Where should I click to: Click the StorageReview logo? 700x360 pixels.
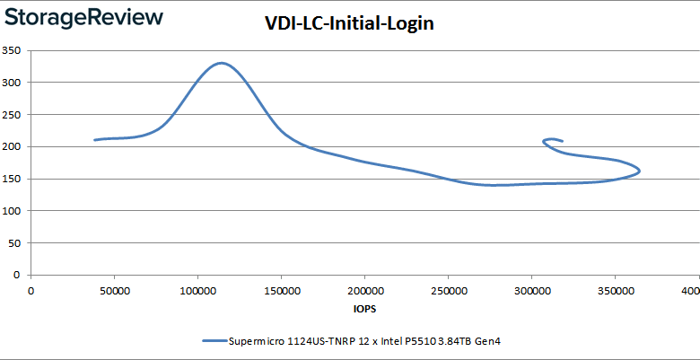(x=83, y=17)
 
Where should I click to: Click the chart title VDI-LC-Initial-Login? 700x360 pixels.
(x=349, y=24)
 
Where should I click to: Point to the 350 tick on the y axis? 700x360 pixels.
(x=12, y=50)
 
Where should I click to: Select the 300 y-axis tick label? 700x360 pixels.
(x=12, y=83)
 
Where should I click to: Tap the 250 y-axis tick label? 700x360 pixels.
(x=12, y=114)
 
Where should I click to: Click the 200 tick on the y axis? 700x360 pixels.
(x=12, y=146)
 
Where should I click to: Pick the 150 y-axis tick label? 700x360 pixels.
(x=12, y=179)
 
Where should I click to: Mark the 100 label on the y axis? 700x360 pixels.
(x=12, y=211)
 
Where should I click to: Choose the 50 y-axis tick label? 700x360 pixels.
(x=14, y=242)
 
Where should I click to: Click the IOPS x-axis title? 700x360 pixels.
(x=363, y=308)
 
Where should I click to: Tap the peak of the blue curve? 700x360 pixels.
(x=220, y=63)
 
